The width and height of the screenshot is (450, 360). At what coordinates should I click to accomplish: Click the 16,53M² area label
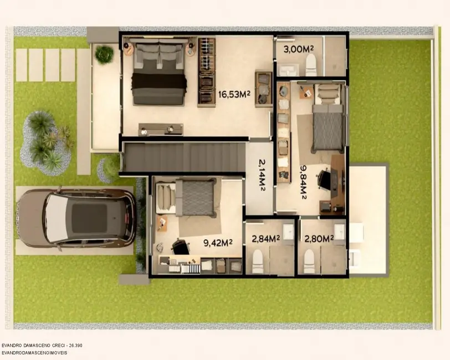[x=234, y=94]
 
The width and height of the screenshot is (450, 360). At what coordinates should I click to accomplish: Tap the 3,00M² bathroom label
[x=297, y=49]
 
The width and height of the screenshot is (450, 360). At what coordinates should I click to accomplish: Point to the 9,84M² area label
[x=304, y=182]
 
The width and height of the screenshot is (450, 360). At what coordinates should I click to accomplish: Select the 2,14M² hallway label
[x=261, y=176]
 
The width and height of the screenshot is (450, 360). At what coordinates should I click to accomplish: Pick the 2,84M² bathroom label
[x=265, y=239]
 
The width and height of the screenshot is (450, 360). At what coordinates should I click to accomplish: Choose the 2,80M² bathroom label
[x=318, y=239]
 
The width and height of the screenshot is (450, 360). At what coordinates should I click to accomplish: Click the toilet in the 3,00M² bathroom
[x=311, y=65]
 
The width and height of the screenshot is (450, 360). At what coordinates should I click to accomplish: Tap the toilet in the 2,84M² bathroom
[x=258, y=261]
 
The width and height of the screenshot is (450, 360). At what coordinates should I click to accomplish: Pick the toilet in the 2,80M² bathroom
[x=309, y=261]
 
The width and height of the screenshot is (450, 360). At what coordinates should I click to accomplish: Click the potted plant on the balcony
[x=104, y=54]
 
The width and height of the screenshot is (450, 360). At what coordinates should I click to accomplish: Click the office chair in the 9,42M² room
[x=180, y=247]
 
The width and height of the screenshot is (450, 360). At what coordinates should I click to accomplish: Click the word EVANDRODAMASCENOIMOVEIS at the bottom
[x=34, y=352]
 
